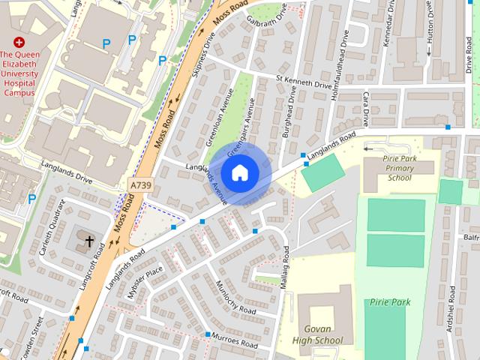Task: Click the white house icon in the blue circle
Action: (239, 172)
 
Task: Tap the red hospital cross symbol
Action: (19, 43)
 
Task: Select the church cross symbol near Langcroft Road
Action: (90, 241)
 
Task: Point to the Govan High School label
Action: (323, 334)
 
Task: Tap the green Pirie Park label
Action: (389, 301)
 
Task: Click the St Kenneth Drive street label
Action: (304, 82)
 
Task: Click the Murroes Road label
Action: (234, 341)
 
